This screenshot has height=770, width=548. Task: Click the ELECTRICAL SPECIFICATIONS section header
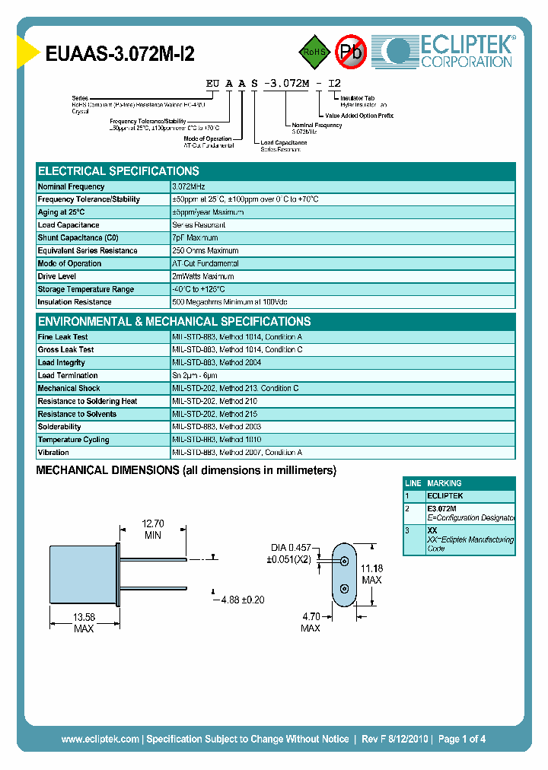pyautogui.click(x=119, y=171)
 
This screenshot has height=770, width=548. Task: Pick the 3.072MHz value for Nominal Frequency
pyautogui.click(x=189, y=186)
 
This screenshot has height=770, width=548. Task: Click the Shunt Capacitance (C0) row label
pyautogui.click(x=78, y=238)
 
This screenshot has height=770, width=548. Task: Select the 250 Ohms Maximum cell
pyautogui.click(x=205, y=251)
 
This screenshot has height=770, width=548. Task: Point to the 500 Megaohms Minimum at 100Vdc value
pyautogui.click(x=237, y=303)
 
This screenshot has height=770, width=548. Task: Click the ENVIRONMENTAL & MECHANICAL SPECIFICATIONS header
pyautogui.click(x=174, y=322)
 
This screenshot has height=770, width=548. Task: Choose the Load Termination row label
pyautogui.click(x=68, y=376)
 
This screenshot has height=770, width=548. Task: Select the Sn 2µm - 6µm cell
pyautogui.click(x=195, y=376)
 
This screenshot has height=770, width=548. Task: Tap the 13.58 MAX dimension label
pyautogui.click(x=84, y=622)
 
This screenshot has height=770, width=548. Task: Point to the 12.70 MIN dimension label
pyautogui.click(x=154, y=529)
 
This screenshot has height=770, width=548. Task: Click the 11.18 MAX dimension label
pyautogui.click(x=371, y=574)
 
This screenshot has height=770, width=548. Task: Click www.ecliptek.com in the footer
pyautogui.click(x=100, y=739)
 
